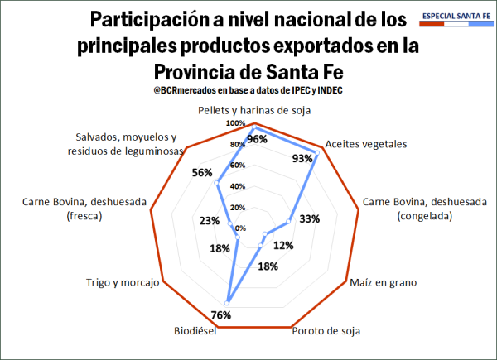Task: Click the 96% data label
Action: [258, 139]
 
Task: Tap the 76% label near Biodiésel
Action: [221, 314]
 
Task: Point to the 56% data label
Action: [202, 173]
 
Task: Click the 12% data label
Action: [283, 246]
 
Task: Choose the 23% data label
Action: [210, 221]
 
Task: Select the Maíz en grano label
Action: [383, 282]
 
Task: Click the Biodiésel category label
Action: [195, 331]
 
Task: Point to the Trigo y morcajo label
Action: [122, 282]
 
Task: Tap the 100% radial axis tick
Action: [237, 124]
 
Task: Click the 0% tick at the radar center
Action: [240, 228]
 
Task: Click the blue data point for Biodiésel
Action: [226, 300]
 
